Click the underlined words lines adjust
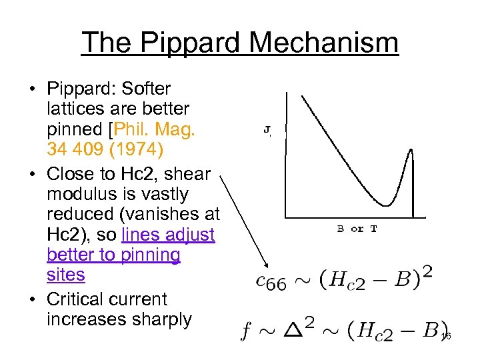(x=169, y=235)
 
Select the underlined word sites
(x=66, y=275)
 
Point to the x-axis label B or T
(x=357, y=229)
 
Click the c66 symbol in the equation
(x=271, y=281)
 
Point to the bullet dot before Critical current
(x=35, y=299)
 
